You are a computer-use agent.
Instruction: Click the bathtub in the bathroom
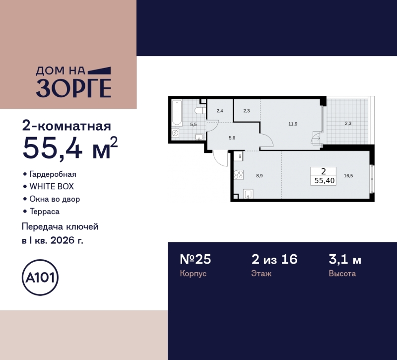click(x=176, y=113)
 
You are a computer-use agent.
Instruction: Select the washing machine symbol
click(x=175, y=133)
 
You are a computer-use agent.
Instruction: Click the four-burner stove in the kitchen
click(x=238, y=174)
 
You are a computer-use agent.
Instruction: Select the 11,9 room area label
click(x=293, y=124)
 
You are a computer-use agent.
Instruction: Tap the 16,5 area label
click(x=349, y=175)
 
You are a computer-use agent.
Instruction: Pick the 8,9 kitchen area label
click(x=260, y=175)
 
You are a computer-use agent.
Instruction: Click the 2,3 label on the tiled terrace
click(x=349, y=124)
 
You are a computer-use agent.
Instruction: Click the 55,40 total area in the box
click(x=324, y=181)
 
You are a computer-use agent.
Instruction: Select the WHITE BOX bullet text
click(x=52, y=187)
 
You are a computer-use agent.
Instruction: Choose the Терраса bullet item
click(x=45, y=211)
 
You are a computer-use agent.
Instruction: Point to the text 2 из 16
click(x=274, y=259)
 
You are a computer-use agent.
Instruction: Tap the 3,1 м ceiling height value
click(x=345, y=259)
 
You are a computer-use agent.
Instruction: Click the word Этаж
click(x=262, y=274)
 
